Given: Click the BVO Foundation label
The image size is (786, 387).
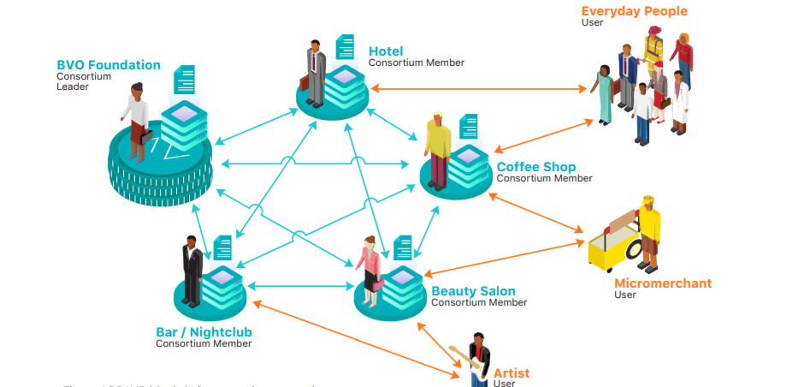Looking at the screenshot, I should point(108,65).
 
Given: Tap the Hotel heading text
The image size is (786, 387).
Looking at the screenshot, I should point(386,51).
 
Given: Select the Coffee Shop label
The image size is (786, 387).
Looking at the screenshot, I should point(536,167).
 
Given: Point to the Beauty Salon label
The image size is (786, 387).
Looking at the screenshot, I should point(473,291).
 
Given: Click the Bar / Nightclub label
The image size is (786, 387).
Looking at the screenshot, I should point(204,332).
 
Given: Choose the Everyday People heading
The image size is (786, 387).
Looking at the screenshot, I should point(634,11).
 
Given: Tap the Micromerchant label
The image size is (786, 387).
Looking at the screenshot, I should point(663,283).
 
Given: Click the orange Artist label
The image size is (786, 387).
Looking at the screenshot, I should point(511,373).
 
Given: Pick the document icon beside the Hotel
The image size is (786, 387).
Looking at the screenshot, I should point(346,47).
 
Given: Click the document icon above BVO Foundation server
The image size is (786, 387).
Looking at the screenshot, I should point(184,80).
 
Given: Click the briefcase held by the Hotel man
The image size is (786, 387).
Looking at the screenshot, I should point(305,83).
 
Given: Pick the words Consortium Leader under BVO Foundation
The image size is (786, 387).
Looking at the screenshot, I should point(84,81).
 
